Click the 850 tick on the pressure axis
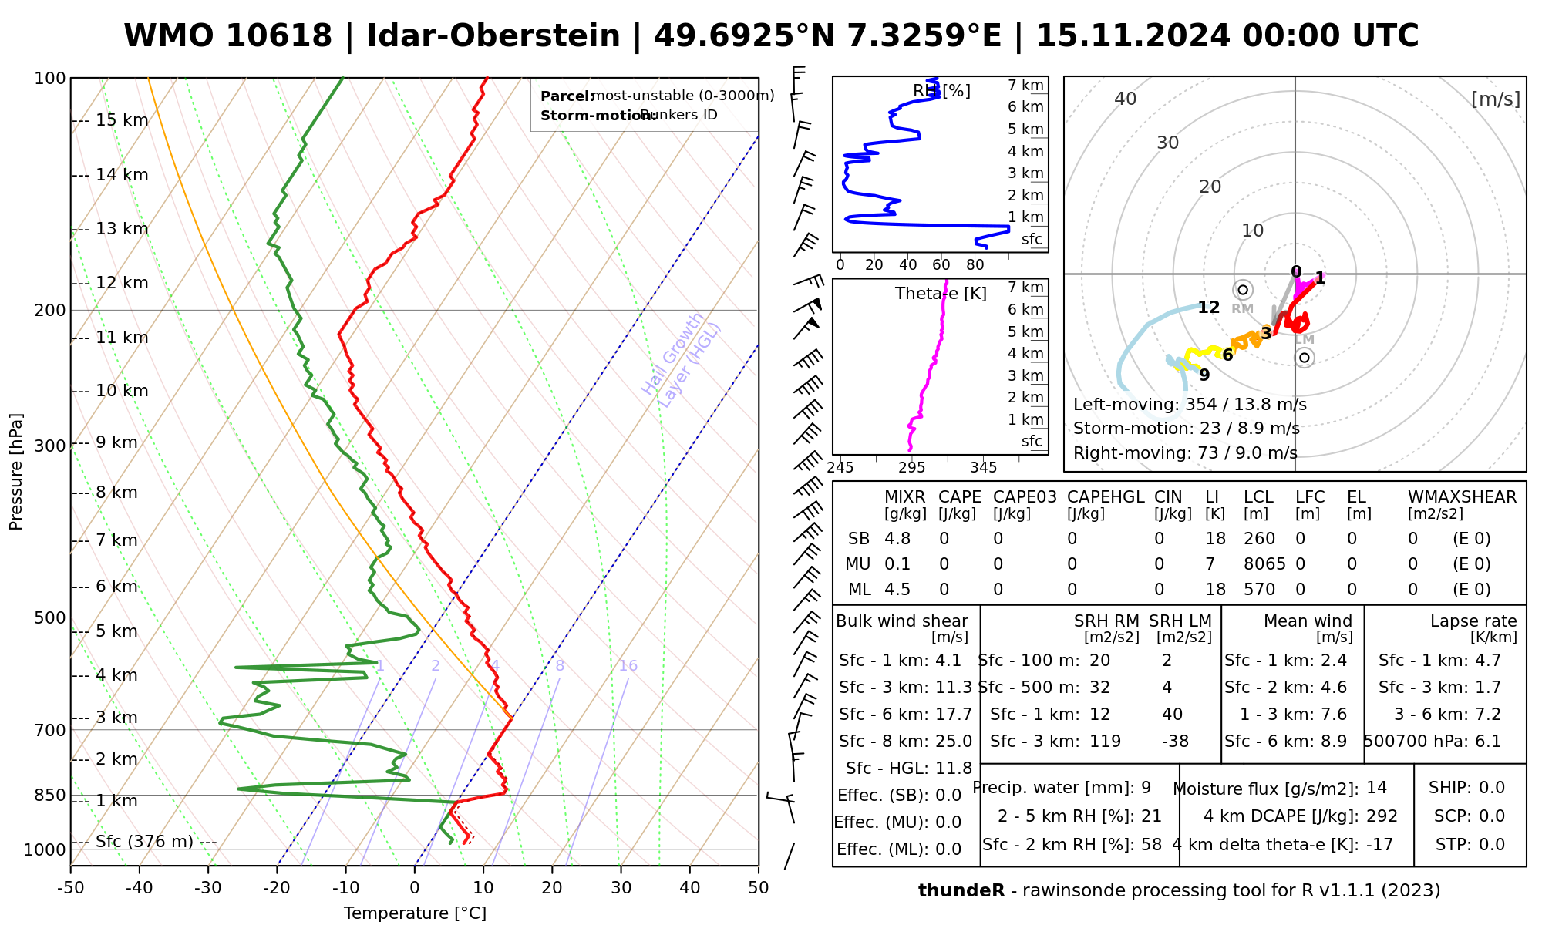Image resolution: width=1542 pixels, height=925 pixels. [50, 795]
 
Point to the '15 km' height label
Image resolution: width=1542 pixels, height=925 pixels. [122, 120]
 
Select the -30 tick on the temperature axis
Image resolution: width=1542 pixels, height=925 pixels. [208, 888]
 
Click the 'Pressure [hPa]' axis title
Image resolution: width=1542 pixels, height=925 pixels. [16, 472]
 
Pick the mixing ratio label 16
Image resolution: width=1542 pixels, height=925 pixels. [628, 666]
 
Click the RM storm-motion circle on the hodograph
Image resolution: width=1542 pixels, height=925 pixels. [1242, 290]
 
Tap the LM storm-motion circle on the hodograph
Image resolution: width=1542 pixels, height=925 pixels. [1304, 357]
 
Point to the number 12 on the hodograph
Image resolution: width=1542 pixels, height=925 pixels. [1208, 308]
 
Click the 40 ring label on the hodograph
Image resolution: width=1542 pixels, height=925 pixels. [1126, 99]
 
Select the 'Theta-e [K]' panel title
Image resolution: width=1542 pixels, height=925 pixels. [941, 294]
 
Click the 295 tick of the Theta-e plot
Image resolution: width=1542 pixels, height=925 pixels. [912, 467]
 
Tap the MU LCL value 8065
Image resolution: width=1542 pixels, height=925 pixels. [1264, 564]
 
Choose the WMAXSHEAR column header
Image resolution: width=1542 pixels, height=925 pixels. [1462, 497]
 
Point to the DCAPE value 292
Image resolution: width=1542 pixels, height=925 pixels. [1382, 816]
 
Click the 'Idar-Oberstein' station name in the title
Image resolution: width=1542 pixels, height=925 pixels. [493, 36]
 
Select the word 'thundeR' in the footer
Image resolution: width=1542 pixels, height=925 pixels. [961, 891]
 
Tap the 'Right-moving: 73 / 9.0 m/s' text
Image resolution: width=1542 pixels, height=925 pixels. [1185, 453]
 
